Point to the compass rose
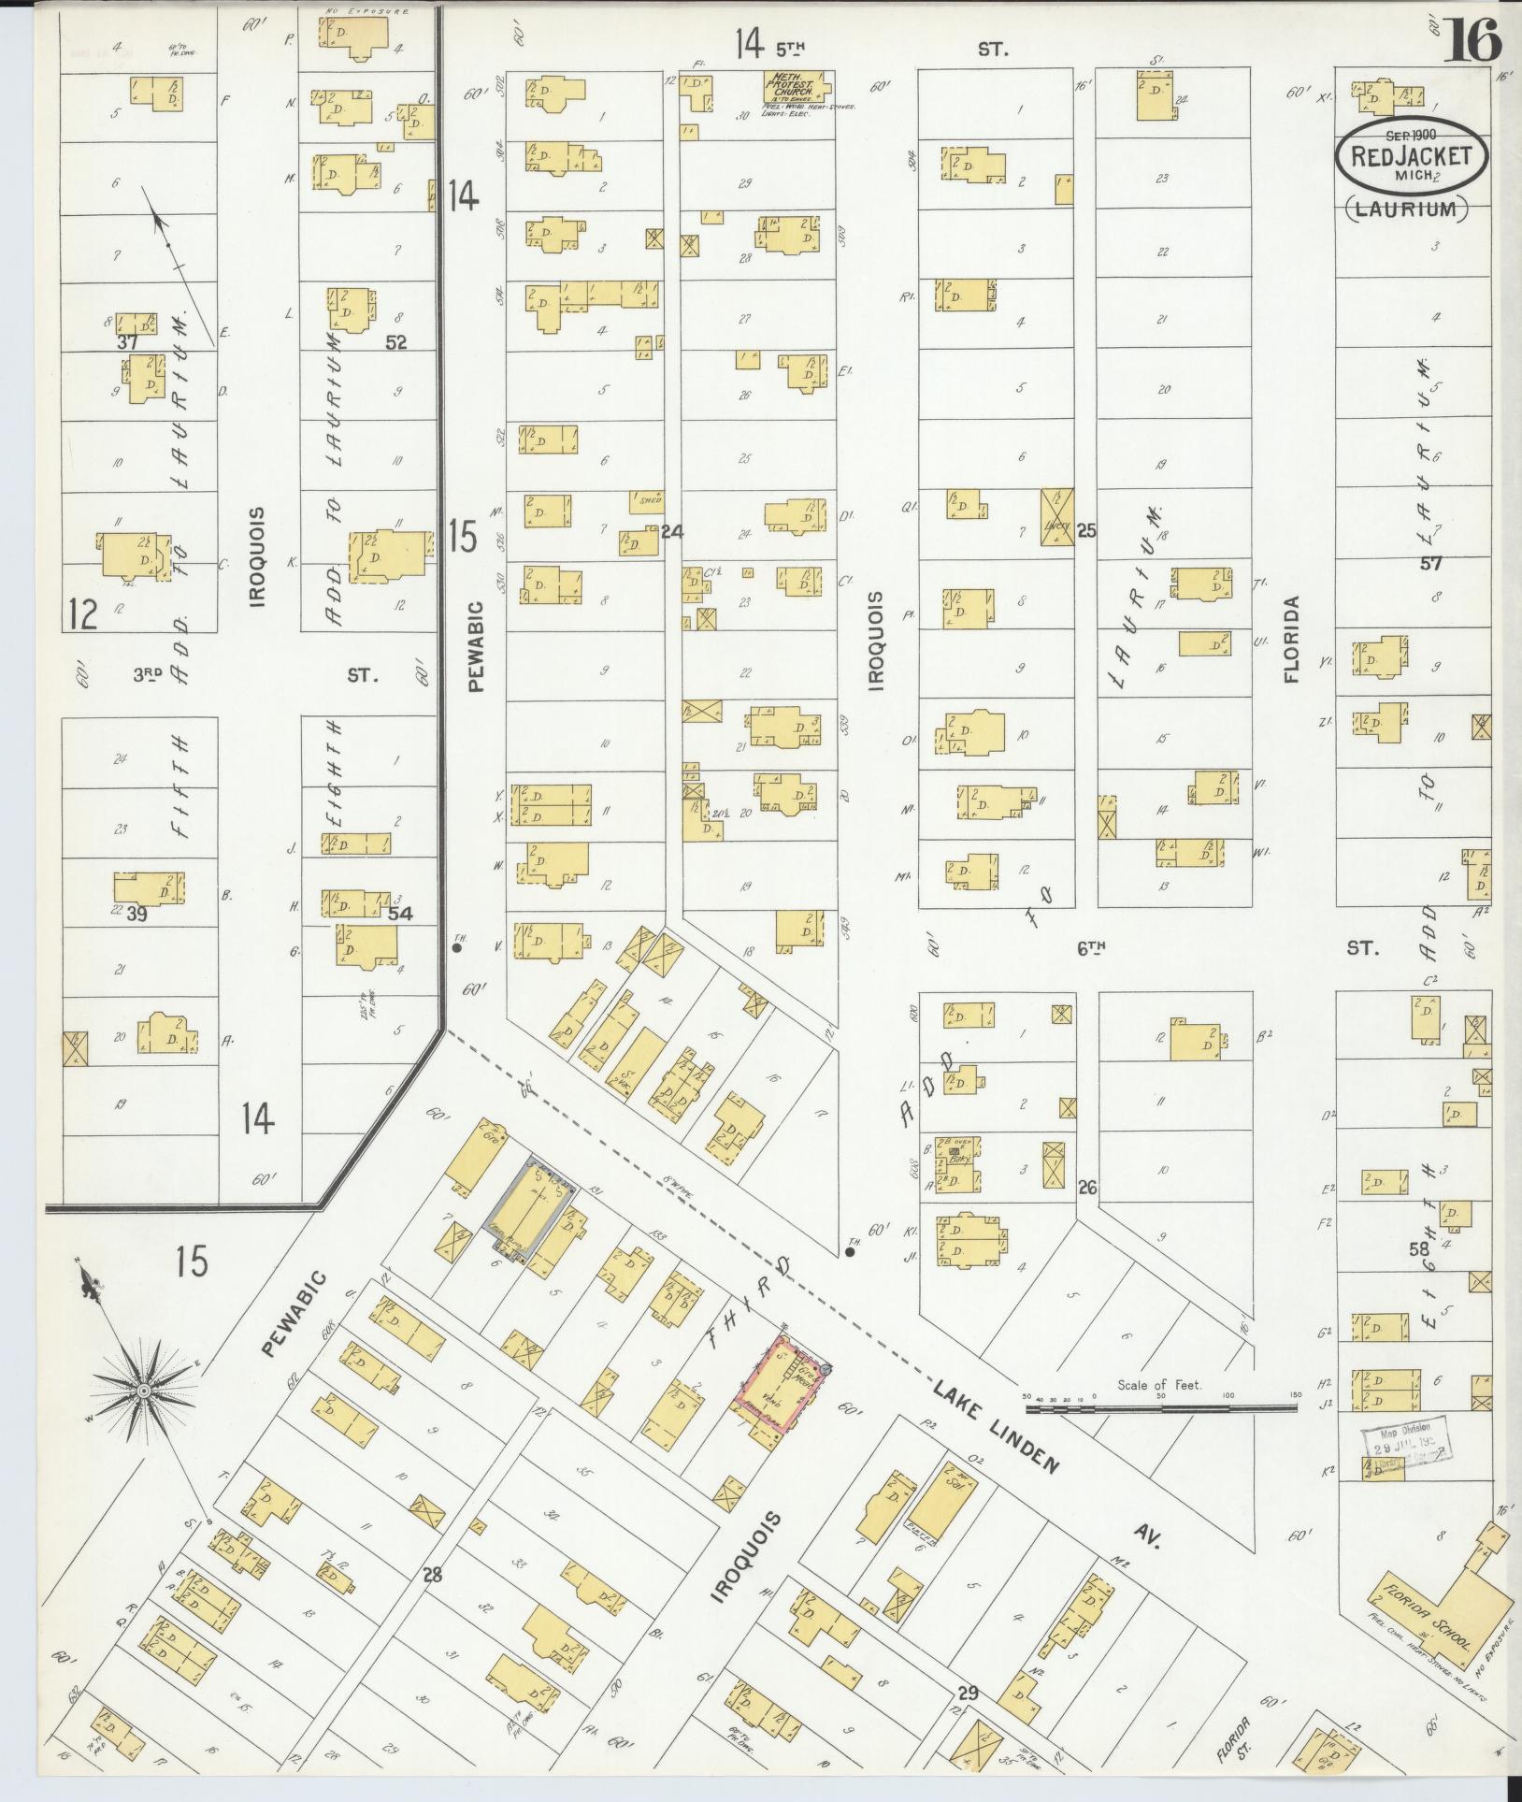point(145,1391)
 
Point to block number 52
point(396,342)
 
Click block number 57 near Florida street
point(1431,563)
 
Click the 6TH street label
point(1091,948)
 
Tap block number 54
point(401,914)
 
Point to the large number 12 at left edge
point(83,614)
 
